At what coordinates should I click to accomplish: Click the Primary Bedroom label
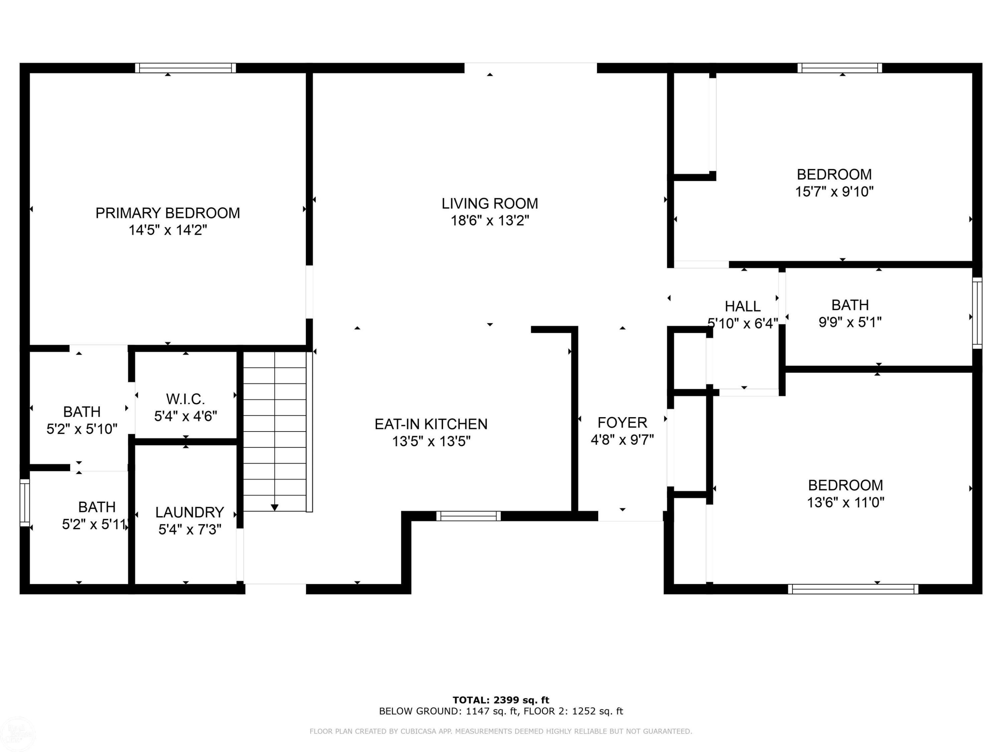168,213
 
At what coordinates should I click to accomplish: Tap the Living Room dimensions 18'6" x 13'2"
490,221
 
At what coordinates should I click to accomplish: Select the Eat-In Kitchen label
431,424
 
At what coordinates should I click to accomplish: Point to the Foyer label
622,422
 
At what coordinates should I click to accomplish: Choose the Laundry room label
189,512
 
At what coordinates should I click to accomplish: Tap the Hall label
742,306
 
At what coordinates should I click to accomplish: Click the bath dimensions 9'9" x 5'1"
850,322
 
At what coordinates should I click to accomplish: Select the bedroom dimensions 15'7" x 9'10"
834,192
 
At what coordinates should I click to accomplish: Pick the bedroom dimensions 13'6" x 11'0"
845,502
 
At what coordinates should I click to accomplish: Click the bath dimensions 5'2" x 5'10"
82,429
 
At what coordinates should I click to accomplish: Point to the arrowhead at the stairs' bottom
275,508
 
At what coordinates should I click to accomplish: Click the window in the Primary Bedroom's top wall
185,68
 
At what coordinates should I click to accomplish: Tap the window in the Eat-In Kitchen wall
468,516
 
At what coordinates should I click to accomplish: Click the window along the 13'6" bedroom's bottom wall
853,589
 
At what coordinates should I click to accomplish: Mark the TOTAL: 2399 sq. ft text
501,700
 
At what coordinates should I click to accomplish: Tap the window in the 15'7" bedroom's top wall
839,68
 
